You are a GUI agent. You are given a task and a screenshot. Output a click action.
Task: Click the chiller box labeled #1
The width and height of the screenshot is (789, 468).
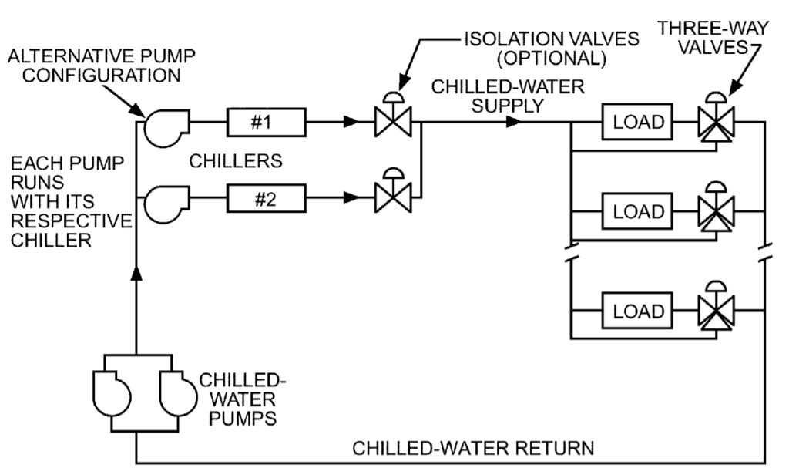point(266,122)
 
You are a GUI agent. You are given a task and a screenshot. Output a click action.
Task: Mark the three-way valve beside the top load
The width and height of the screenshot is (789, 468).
point(716,122)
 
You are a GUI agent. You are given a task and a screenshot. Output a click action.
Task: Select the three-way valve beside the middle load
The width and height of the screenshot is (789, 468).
point(716,211)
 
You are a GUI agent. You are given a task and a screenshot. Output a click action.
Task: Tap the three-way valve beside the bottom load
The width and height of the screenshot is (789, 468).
point(716,311)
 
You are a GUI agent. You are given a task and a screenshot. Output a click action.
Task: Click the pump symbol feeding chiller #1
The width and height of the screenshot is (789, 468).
point(164,126)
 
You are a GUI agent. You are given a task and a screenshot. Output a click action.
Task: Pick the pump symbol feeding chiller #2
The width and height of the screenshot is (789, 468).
point(164,202)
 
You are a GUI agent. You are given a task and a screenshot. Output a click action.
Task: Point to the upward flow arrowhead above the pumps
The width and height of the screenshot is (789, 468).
point(136,273)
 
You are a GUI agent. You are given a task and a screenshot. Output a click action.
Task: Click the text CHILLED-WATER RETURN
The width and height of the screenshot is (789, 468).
point(473,447)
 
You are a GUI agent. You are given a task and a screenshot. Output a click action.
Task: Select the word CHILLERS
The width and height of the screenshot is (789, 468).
point(237,161)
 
